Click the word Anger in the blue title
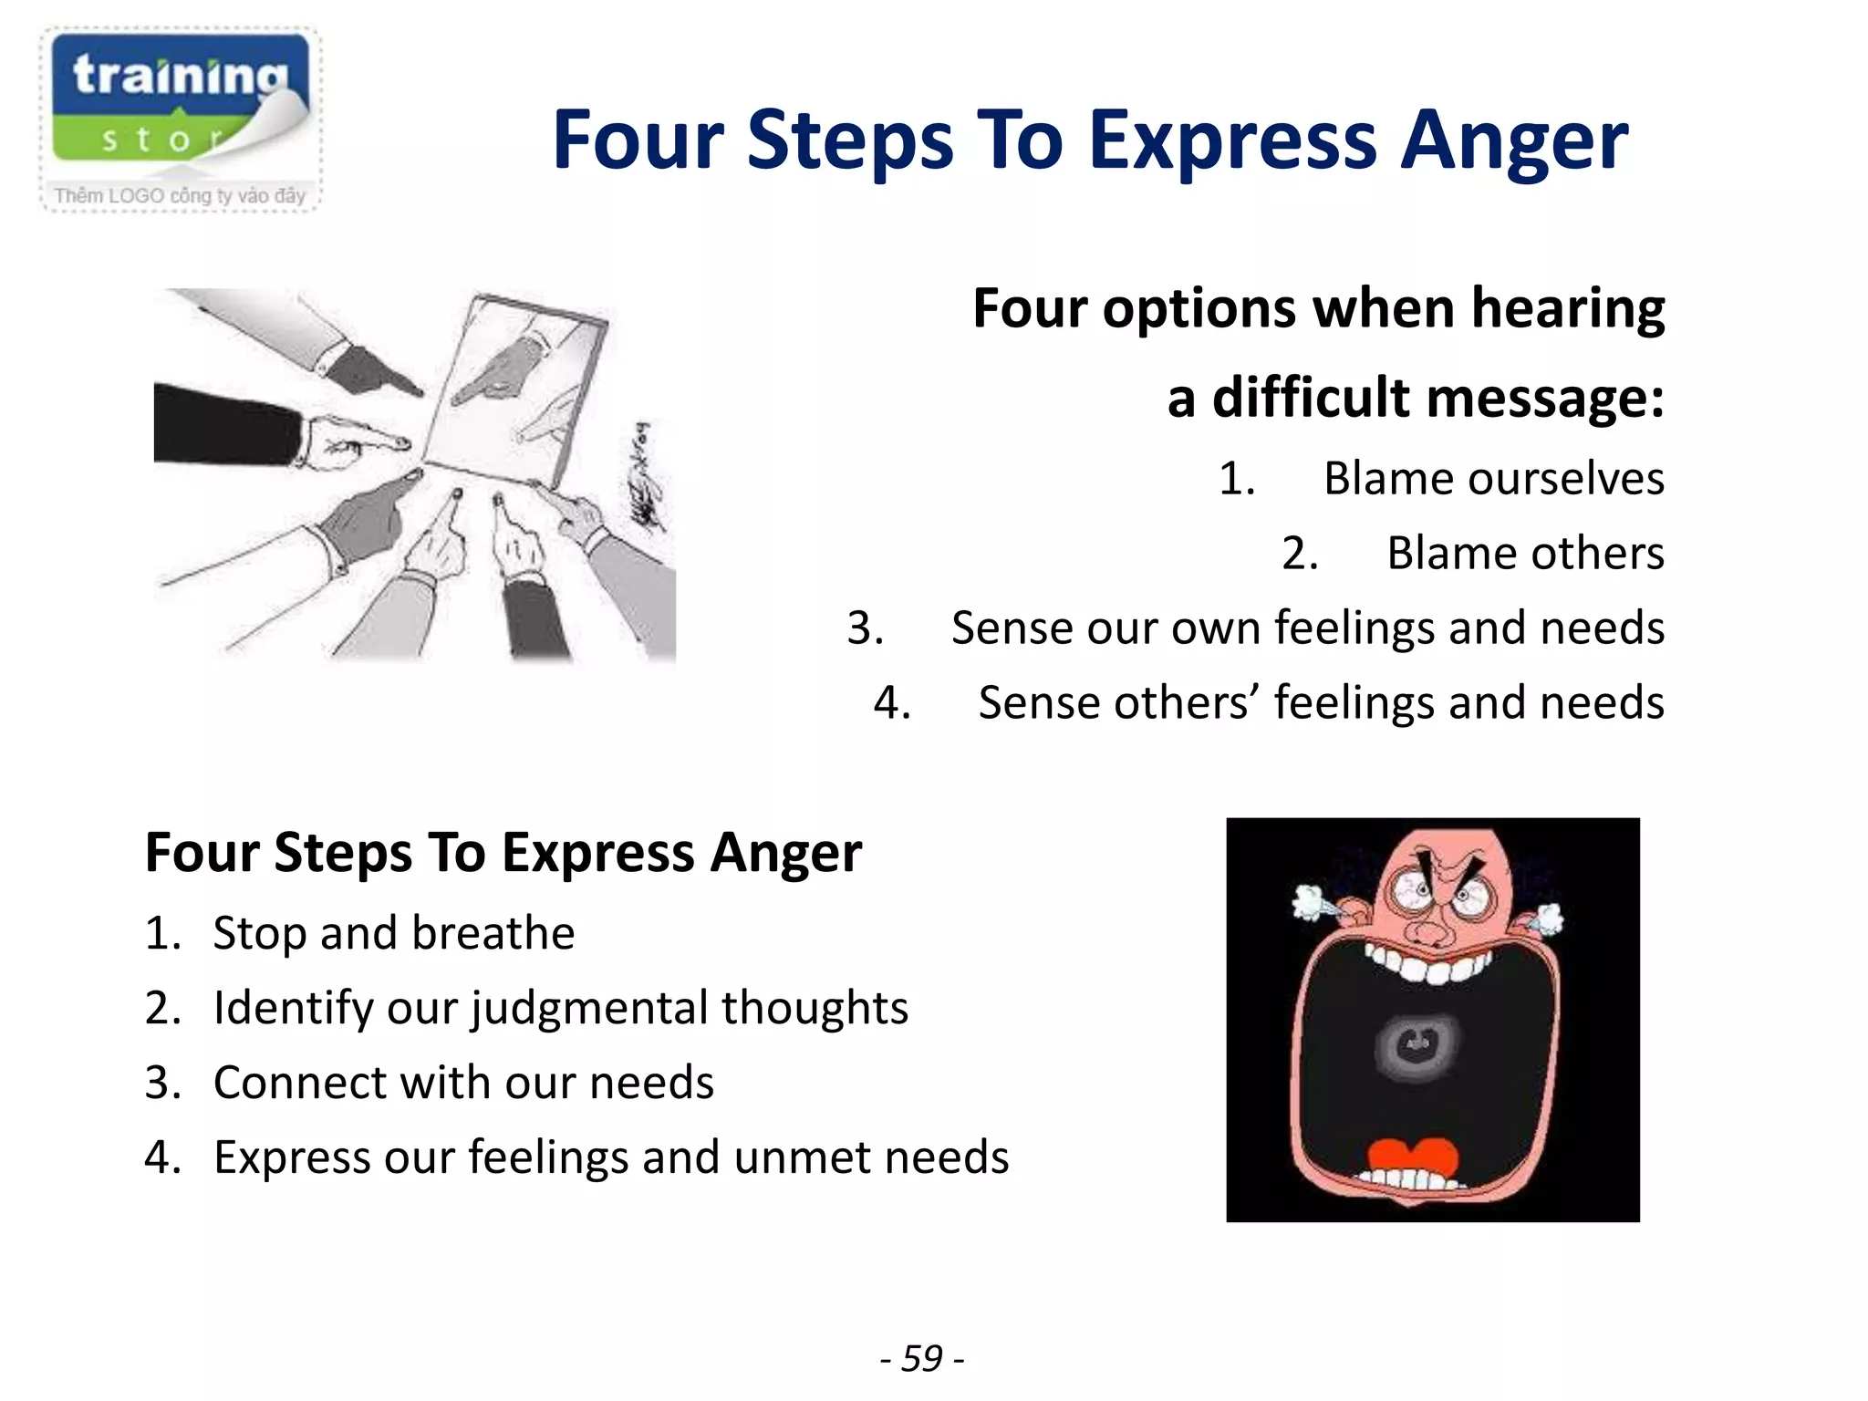(1514, 141)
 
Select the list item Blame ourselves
(1493, 479)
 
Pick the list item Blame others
(1525, 554)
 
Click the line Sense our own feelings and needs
(1307, 628)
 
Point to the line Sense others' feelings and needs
(1321, 703)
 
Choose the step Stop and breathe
(393, 933)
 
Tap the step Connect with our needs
(462, 1083)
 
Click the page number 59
(922, 1358)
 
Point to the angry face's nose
(1429, 929)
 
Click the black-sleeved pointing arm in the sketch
(228, 424)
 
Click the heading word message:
(1545, 399)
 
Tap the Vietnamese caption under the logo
(180, 195)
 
